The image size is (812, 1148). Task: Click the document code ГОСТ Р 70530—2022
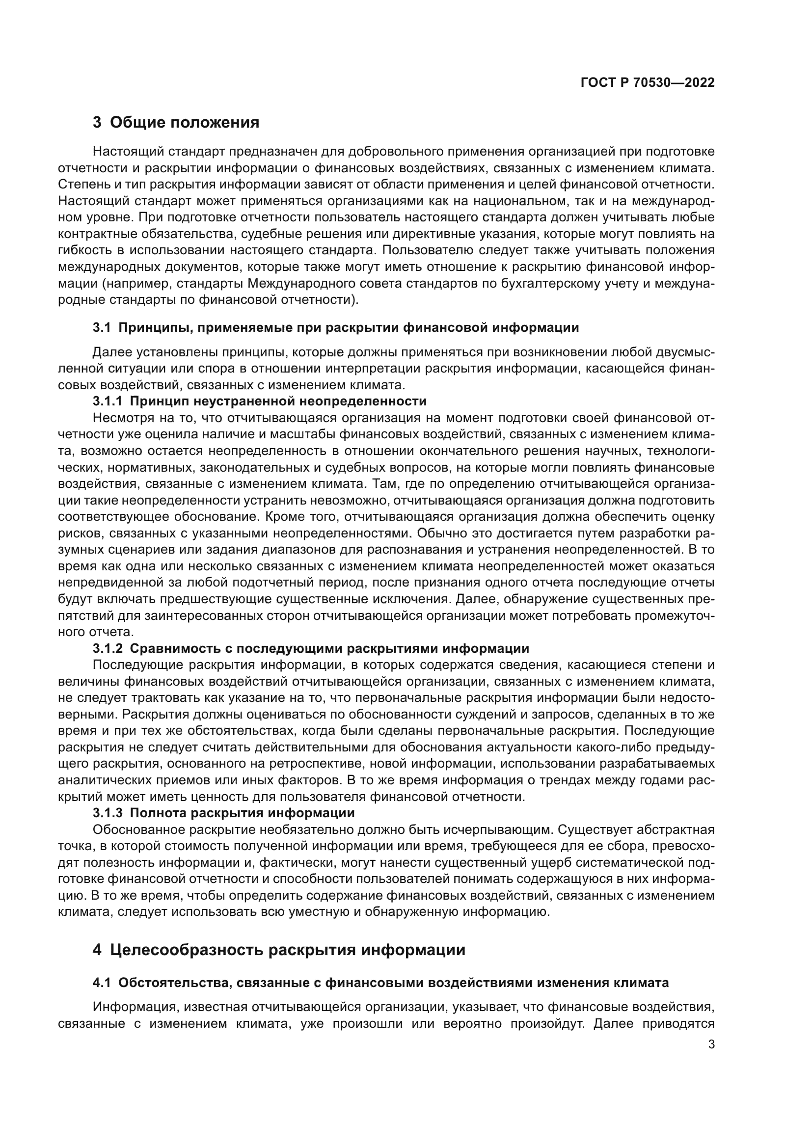[648, 83]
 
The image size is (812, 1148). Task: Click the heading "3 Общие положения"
[176, 122]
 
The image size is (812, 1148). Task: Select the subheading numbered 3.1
[335, 327]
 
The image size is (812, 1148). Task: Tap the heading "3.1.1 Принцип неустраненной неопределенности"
[260, 401]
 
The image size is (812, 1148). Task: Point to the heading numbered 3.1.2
[310, 648]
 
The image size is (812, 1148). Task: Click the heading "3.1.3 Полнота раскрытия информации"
[223, 812]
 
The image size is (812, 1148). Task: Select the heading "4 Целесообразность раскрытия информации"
[278, 950]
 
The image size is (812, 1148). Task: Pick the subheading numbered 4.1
[380, 983]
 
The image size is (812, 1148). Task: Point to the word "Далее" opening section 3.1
[110, 352]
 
